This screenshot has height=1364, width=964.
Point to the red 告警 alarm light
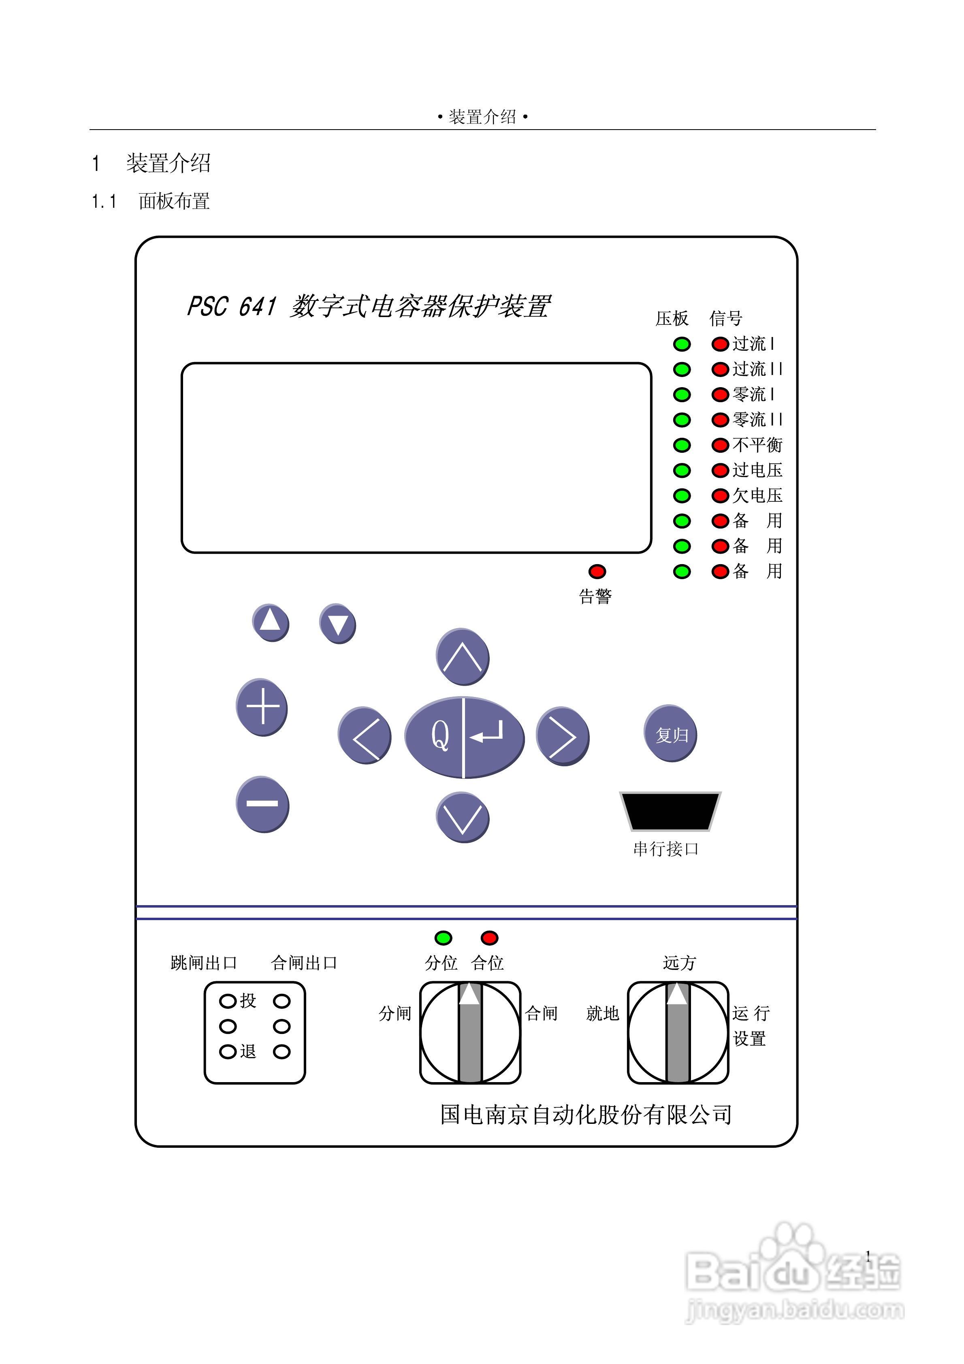tap(597, 571)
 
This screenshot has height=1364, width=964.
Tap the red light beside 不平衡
tap(720, 445)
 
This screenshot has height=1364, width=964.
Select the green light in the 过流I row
tap(682, 344)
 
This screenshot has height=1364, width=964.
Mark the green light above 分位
tap(443, 938)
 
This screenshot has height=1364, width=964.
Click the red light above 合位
tap(489, 938)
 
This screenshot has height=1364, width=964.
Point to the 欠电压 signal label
tap(757, 495)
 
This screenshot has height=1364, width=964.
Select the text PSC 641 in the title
tap(232, 307)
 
